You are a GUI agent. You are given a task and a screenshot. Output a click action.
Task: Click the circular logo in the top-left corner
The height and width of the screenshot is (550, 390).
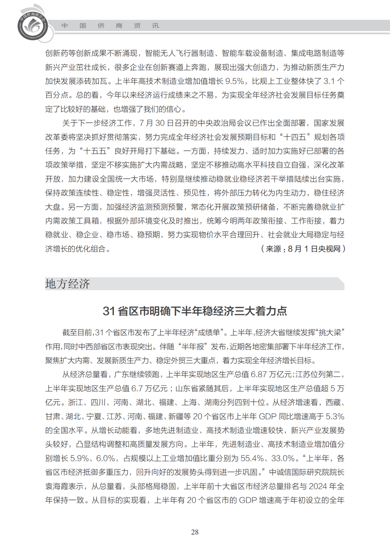33,26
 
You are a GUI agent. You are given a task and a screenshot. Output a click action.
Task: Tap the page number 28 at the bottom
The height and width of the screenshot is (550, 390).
195,532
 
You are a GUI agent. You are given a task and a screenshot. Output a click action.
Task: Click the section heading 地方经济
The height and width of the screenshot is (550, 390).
68,284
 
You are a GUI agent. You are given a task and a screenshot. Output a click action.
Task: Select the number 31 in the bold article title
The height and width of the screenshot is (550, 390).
109,311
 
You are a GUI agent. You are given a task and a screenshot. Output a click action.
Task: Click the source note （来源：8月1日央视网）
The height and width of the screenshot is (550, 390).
303,249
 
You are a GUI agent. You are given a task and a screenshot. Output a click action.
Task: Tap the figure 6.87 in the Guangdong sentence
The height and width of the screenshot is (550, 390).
259,374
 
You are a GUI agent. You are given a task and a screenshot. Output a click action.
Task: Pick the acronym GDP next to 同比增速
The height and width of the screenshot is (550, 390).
268,417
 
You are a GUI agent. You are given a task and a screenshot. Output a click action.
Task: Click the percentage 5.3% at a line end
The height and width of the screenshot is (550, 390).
335,417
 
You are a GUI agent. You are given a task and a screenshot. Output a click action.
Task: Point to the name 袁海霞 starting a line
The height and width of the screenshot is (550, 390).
57,486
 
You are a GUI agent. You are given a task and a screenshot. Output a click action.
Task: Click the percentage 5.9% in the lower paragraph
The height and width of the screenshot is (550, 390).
79,458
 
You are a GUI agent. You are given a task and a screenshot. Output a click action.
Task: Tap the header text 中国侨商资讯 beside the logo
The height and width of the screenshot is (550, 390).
110,26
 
